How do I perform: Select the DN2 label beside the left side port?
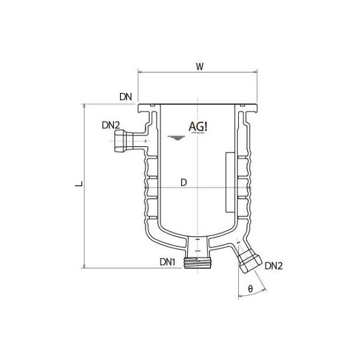pos(111,125)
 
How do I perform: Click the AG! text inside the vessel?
pos(199,127)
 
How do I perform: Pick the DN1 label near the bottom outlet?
pos(167,262)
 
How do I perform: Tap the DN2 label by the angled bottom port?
pos(274,266)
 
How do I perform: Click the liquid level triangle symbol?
pos(175,139)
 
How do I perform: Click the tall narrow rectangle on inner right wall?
pos(229,182)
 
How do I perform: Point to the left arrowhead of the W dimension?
pos(140,72)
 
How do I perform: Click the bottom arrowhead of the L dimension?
pos(84,265)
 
